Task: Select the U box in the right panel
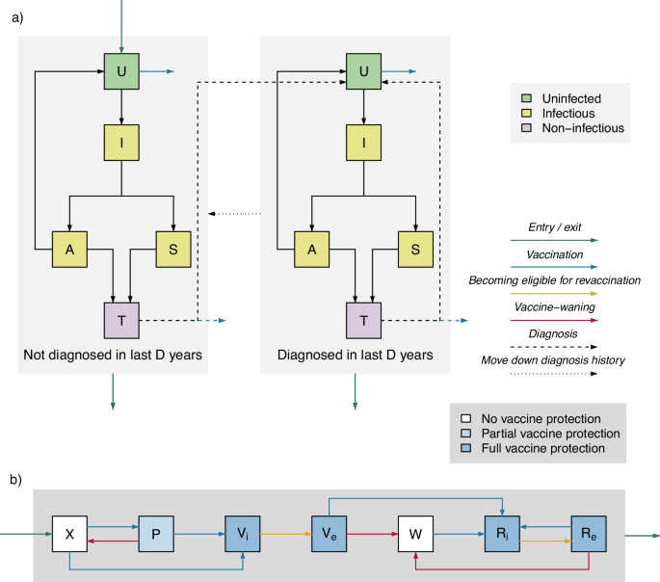click(364, 71)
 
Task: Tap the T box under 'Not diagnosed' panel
click(122, 320)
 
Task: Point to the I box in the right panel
click(364, 144)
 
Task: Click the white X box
click(70, 533)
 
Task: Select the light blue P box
click(156, 533)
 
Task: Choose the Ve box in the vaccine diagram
click(329, 533)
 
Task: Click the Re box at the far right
click(589, 533)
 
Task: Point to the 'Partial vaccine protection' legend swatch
click(465, 434)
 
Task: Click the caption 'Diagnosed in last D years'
click(356, 356)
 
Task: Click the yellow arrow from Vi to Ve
click(284, 533)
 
